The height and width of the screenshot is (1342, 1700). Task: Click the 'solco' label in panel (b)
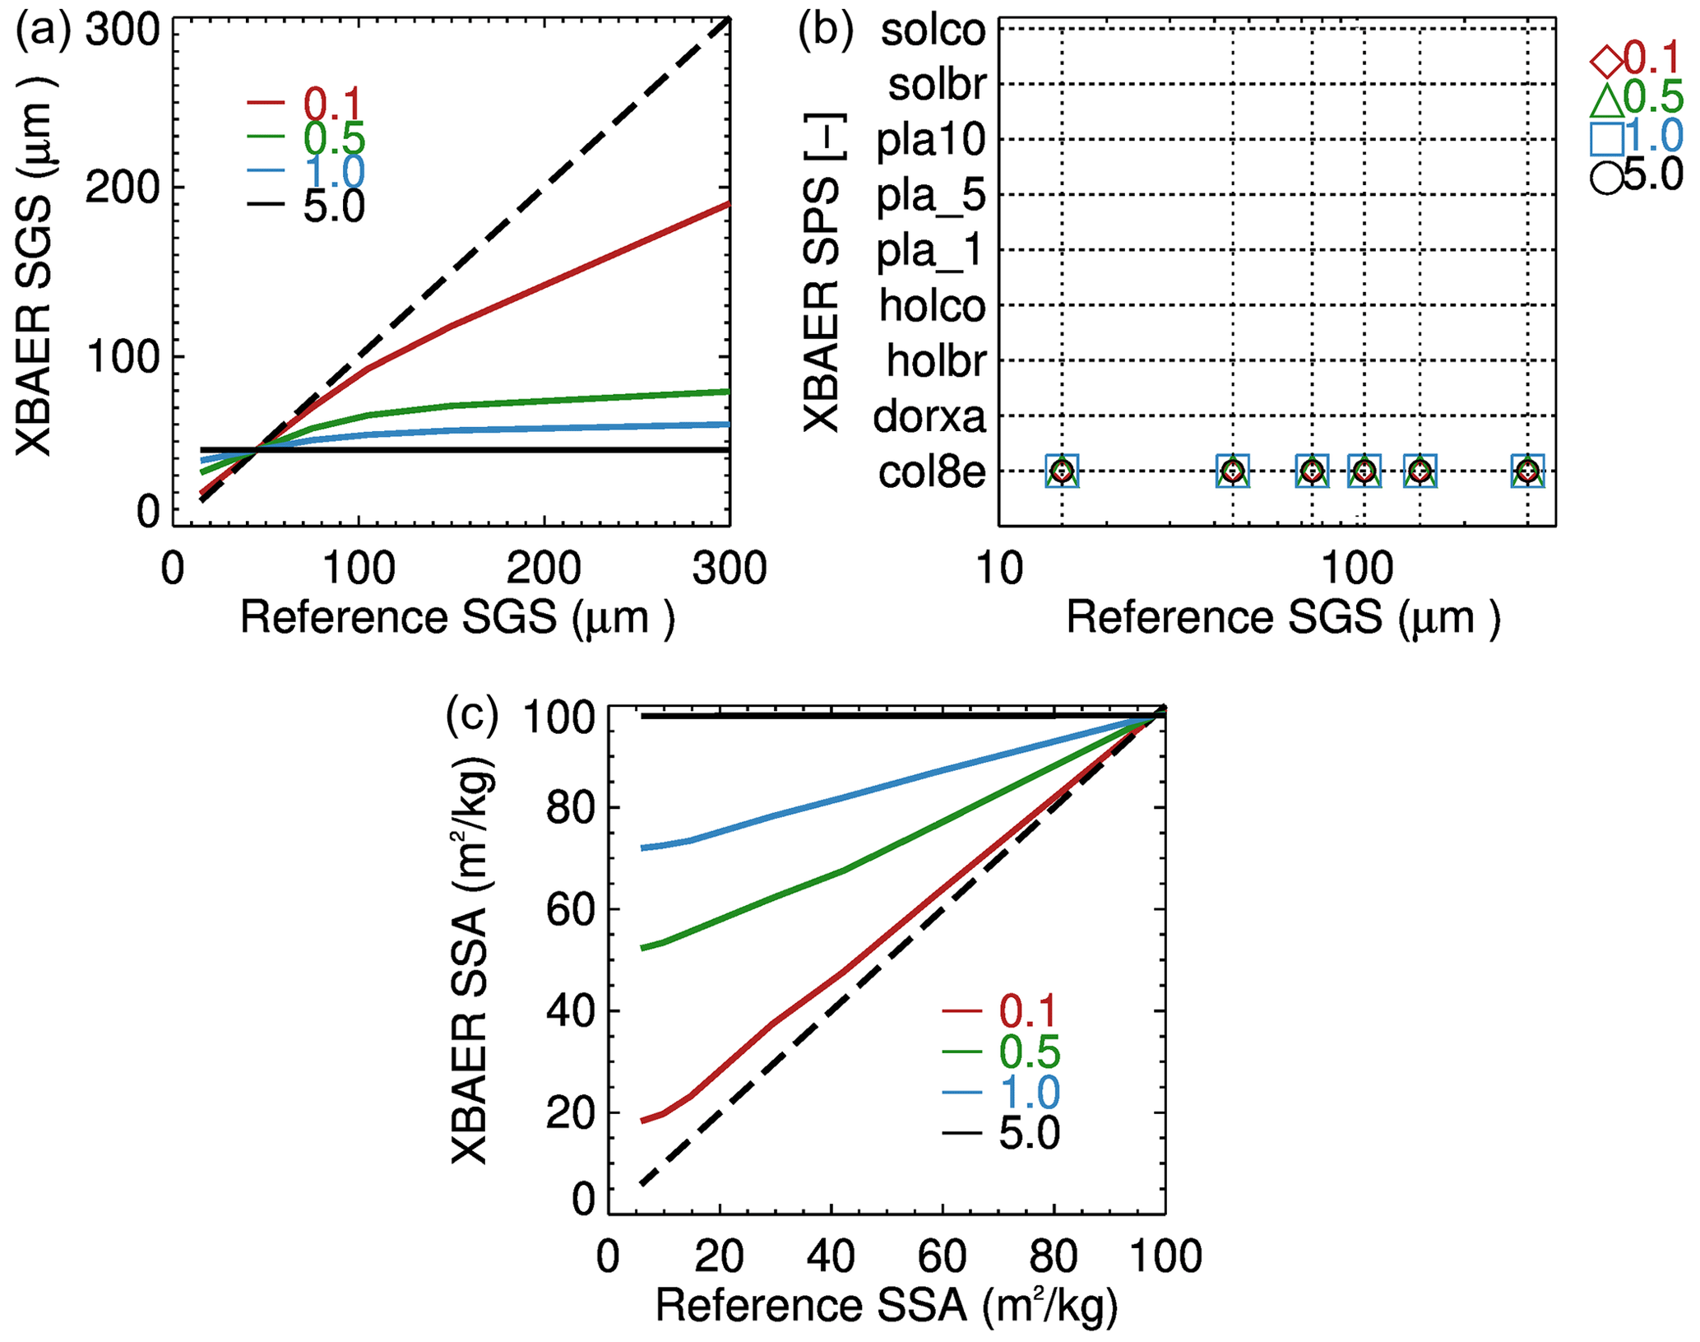point(933,30)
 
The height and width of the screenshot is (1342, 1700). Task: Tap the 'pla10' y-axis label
point(930,141)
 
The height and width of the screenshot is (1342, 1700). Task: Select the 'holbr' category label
point(935,361)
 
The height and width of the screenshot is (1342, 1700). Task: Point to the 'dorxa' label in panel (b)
point(929,416)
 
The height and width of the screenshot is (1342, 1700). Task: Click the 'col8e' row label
point(931,472)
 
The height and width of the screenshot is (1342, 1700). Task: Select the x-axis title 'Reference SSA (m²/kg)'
point(886,1306)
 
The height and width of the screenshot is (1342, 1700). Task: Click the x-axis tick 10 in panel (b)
point(1000,568)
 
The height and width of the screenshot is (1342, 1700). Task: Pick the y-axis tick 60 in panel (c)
point(570,910)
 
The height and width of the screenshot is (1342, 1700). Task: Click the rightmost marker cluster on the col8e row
point(1527,471)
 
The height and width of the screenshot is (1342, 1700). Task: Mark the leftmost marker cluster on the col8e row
point(1062,471)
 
